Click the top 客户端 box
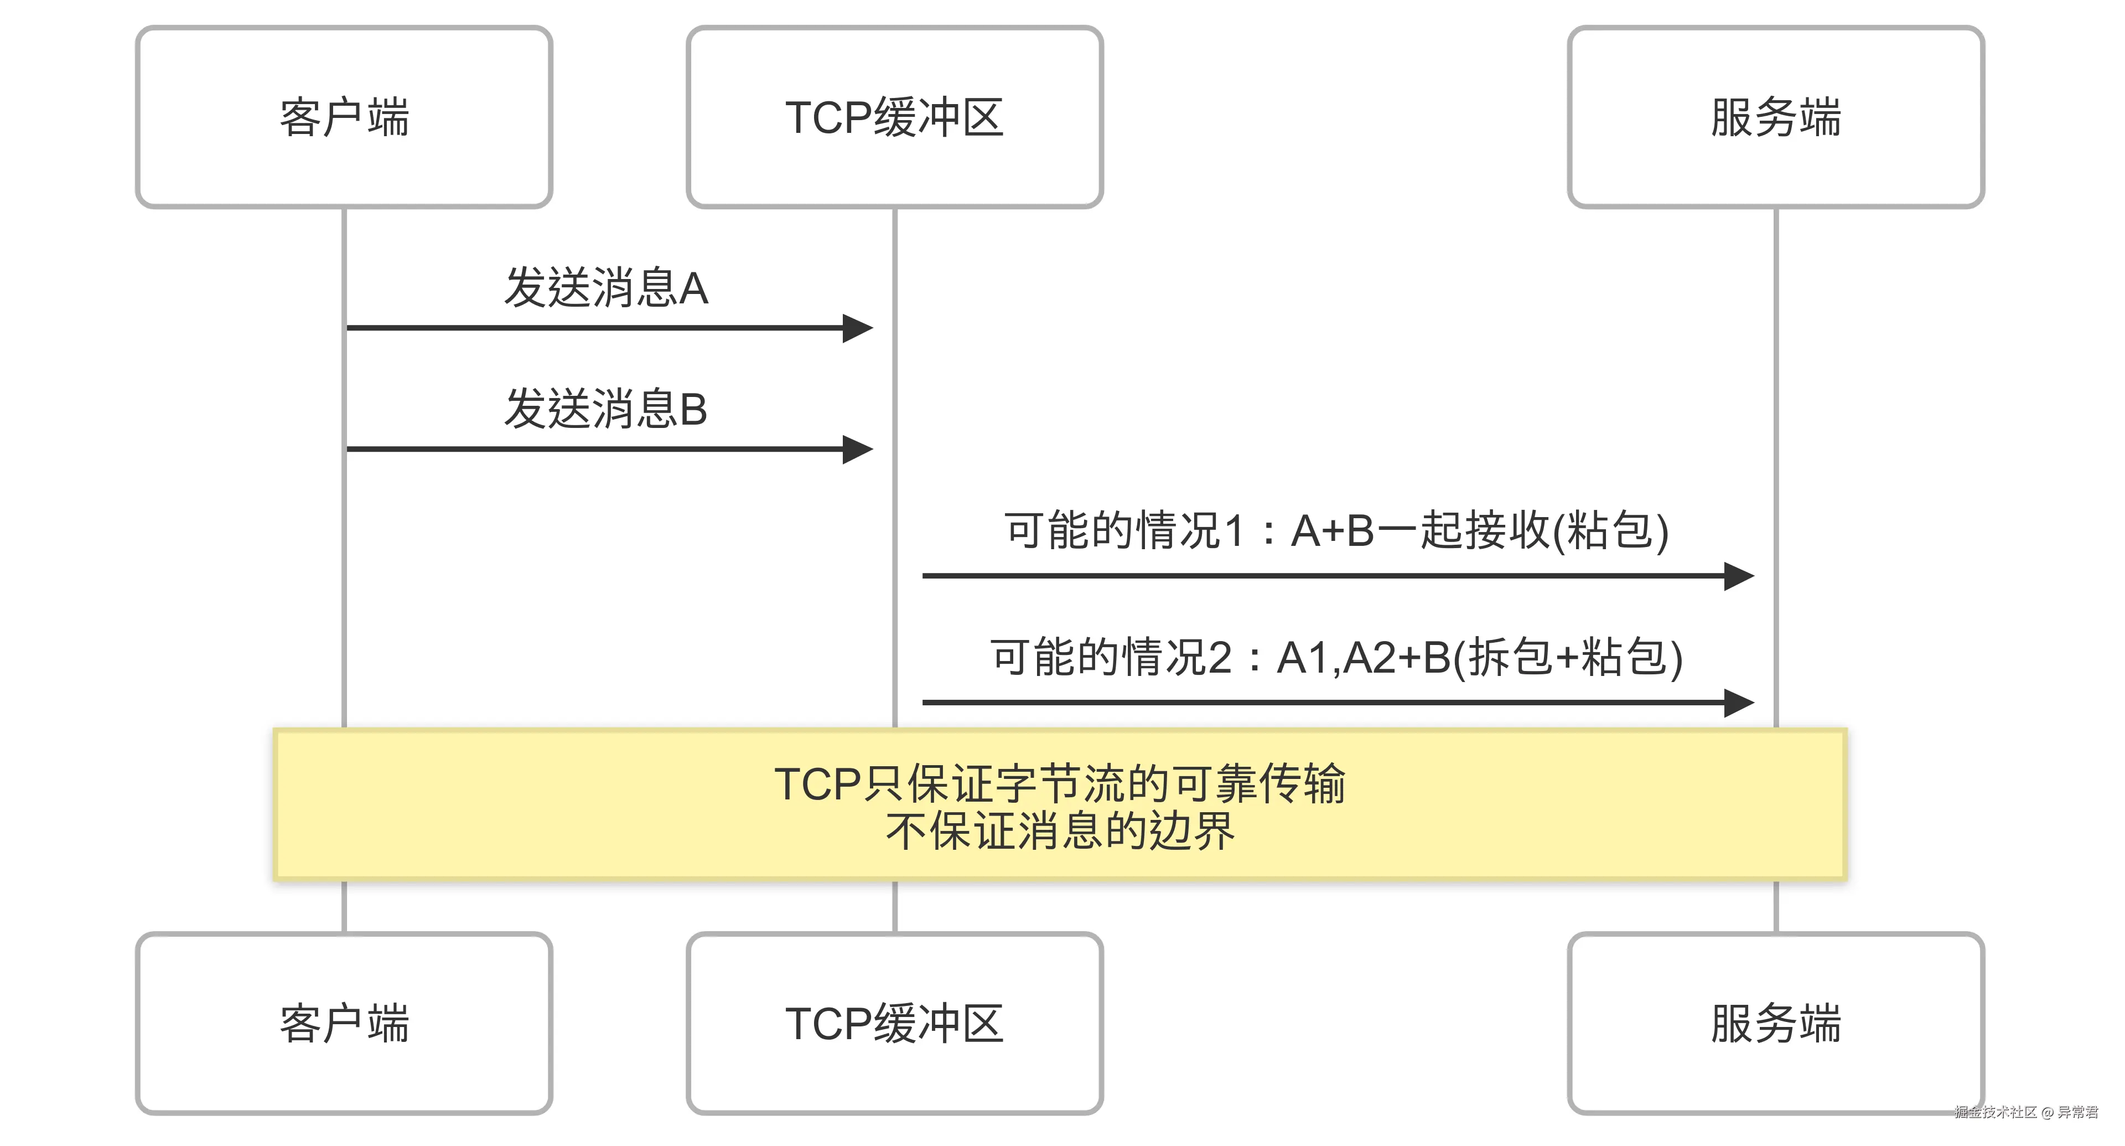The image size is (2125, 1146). pyautogui.click(x=344, y=116)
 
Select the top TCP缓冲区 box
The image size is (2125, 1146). pyautogui.click(x=894, y=116)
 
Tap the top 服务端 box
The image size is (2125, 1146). pyautogui.click(x=1775, y=116)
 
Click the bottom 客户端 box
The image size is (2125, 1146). pyautogui.click(x=344, y=1023)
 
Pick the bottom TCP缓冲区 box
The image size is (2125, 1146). pyautogui.click(x=894, y=1023)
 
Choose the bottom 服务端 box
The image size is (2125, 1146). pyautogui.click(x=1775, y=1023)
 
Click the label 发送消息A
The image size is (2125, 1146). pyautogui.click(x=607, y=288)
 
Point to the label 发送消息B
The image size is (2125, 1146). pyautogui.click(x=607, y=409)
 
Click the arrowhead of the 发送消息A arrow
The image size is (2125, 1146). pyautogui.click(x=858, y=328)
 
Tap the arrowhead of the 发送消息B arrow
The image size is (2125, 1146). pyautogui.click(x=858, y=450)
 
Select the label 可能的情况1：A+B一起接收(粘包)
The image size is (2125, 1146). pyautogui.click(x=1336, y=530)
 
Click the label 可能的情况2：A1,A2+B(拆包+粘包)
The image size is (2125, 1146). pyautogui.click(x=1336, y=658)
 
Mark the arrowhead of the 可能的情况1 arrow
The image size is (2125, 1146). pyautogui.click(x=1738, y=576)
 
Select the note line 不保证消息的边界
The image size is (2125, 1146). pyautogui.click(x=1060, y=831)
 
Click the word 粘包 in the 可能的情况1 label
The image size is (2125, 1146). pyautogui.click(x=1609, y=530)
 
